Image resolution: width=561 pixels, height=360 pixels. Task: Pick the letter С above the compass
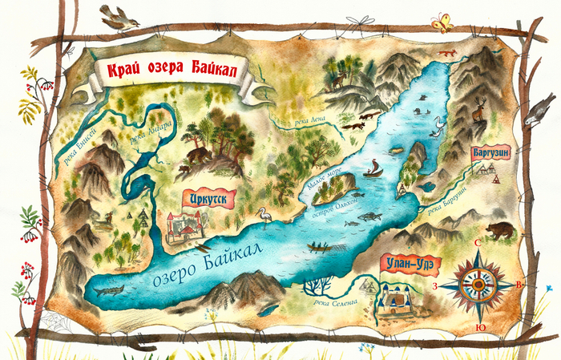click(478, 245)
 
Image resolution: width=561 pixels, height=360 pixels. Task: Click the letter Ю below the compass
click(479, 327)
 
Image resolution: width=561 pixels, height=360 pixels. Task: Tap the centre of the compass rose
click(479, 284)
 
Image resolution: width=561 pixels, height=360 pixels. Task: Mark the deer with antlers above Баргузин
click(479, 109)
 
